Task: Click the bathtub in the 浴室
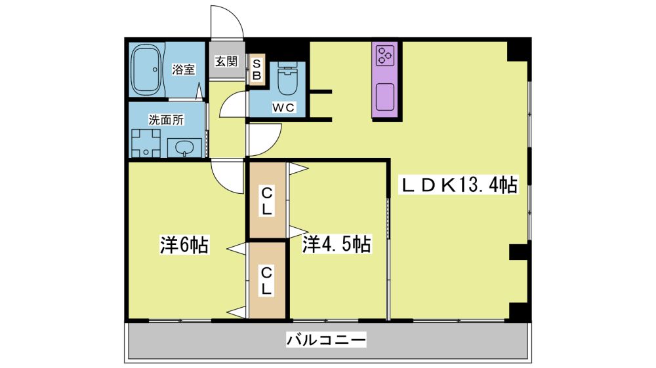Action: (146, 69)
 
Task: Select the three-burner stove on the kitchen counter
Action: (385, 56)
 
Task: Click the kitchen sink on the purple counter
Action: (385, 97)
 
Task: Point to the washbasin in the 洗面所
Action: (184, 148)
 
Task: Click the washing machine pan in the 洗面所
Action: (146, 143)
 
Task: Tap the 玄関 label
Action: (226, 62)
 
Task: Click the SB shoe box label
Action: (257, 70)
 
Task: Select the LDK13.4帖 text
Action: (459, 185)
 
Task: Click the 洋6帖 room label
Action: (184, 245)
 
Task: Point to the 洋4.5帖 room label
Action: (337, 244)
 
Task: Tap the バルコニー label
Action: (326, 340)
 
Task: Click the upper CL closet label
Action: (267, 201)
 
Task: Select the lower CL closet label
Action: (267, 281)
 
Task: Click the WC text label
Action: (283, 108)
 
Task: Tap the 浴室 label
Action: (183, 70)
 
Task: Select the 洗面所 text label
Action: (166, 120)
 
